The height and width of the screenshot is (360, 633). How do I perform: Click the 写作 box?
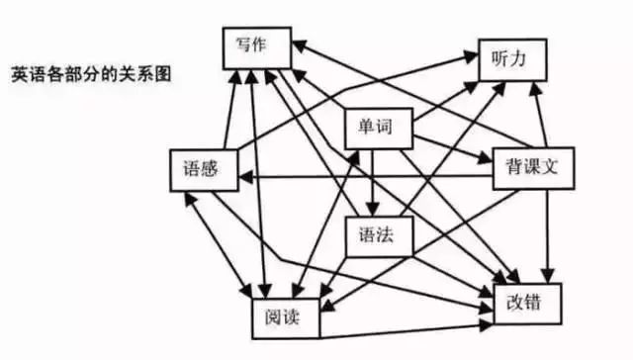(255, 47)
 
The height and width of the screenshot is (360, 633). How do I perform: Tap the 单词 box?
(377, 128)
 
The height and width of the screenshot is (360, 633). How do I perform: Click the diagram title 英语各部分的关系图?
(97, 75)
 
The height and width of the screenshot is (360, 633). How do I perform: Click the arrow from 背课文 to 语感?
(366, 176)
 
